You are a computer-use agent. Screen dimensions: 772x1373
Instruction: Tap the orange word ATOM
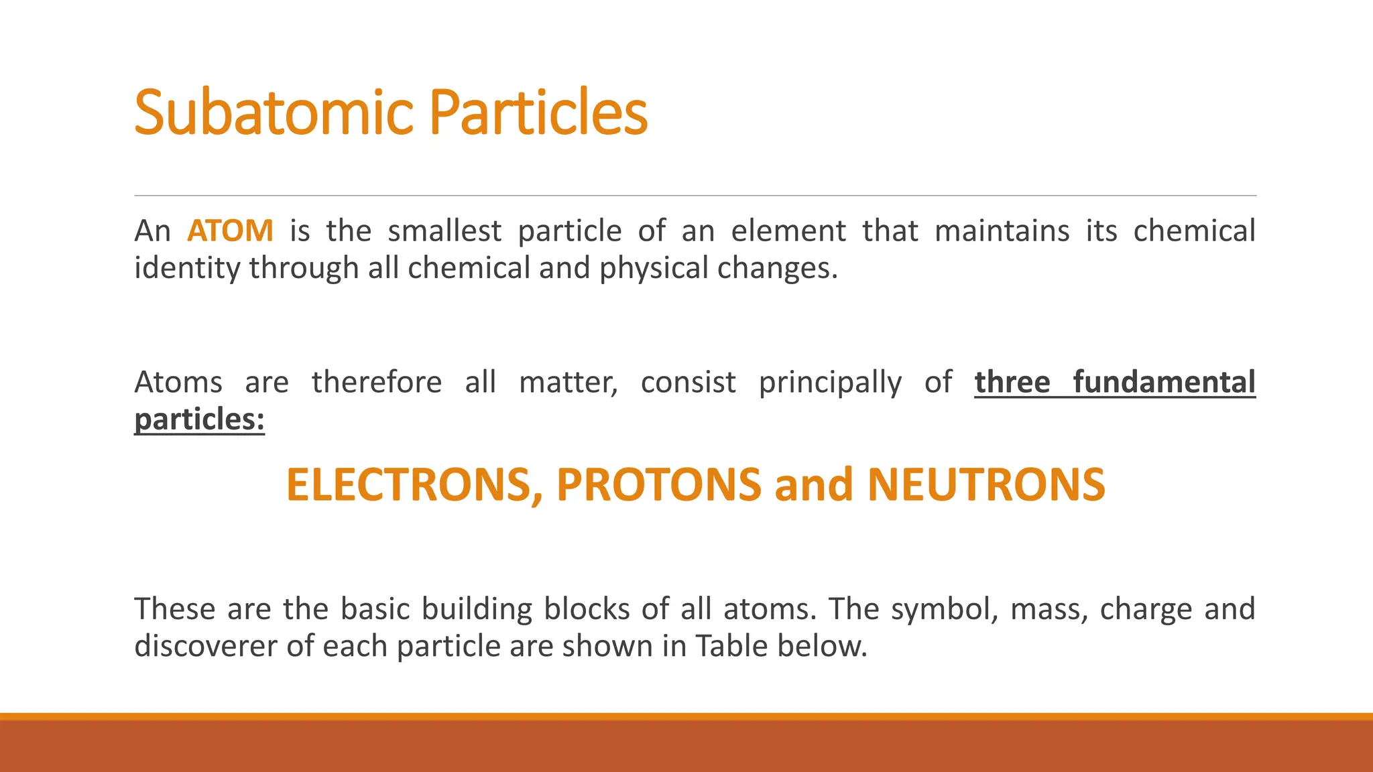point(230,231)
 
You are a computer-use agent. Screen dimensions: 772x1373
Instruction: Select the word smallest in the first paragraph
point(444,231)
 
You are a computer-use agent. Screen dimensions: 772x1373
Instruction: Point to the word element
point(788,231)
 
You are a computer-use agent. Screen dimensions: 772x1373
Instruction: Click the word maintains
point(1002,231)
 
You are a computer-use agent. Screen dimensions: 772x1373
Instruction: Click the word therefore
point(377,383)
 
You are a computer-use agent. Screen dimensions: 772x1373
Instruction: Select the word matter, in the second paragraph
point(569,383)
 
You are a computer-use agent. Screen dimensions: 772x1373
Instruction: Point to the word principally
point(830,383)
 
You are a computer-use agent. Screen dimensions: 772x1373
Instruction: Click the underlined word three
point(1012,383)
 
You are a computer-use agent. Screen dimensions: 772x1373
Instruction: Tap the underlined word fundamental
point(1164,383)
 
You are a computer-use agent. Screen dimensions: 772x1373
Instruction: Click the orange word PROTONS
point(659,485)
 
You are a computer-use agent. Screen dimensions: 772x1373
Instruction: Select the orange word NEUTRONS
point(986,485)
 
